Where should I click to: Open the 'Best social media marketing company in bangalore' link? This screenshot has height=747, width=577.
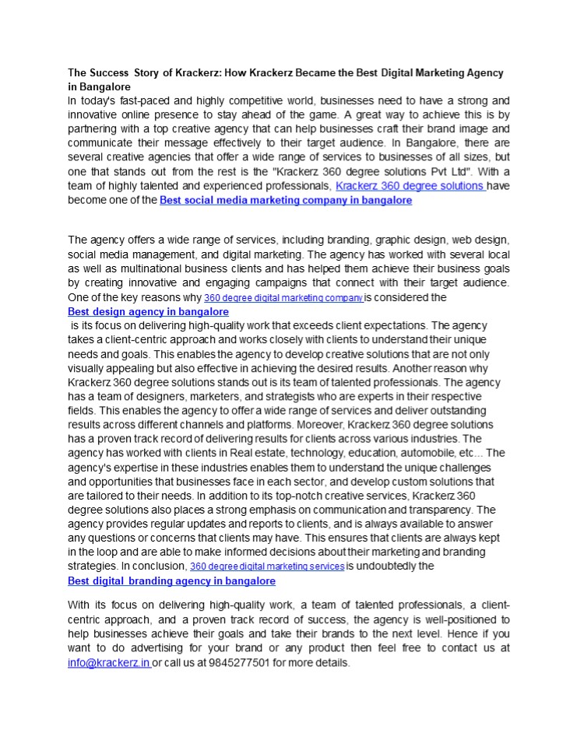(285, 200)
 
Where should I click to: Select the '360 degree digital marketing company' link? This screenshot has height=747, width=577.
(283, 298)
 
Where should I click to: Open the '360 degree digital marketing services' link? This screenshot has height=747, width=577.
(267, 566)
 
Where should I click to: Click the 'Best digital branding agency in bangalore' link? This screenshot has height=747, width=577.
(171, 580)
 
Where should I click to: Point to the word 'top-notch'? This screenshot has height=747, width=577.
(339, 496)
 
